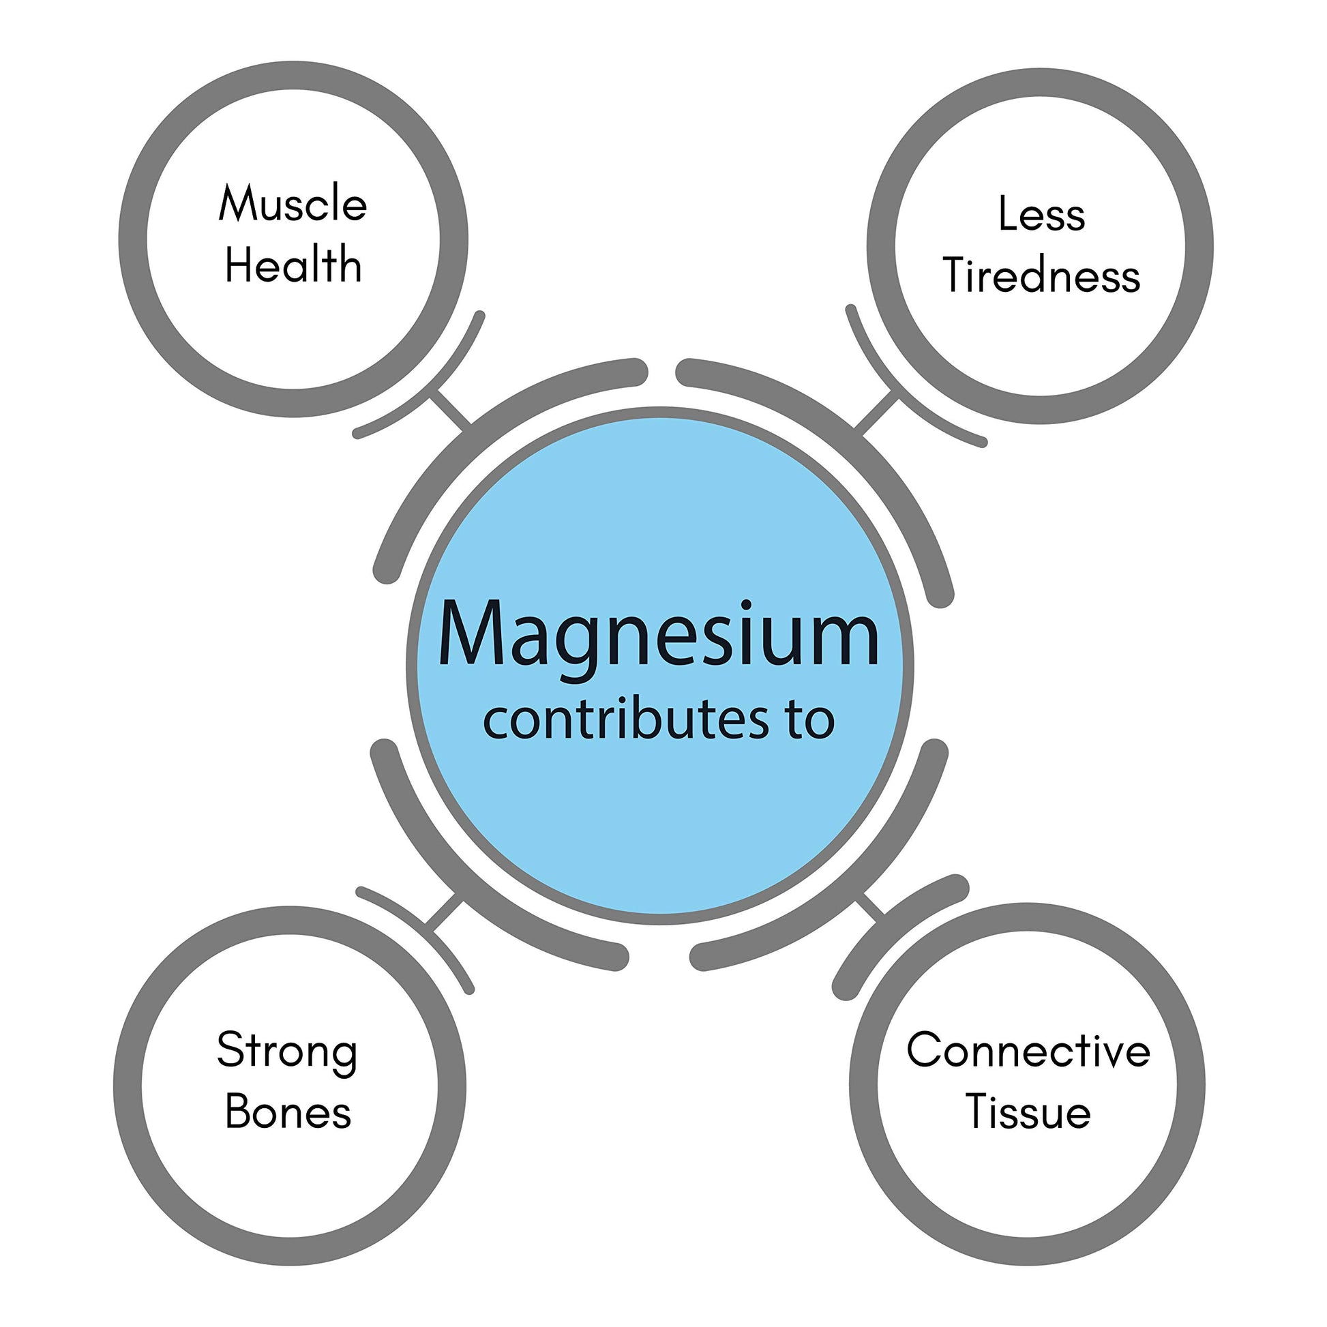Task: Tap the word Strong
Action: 287,1052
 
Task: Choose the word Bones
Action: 288,1112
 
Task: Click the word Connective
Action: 1028,1051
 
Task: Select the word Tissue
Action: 1028,1112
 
